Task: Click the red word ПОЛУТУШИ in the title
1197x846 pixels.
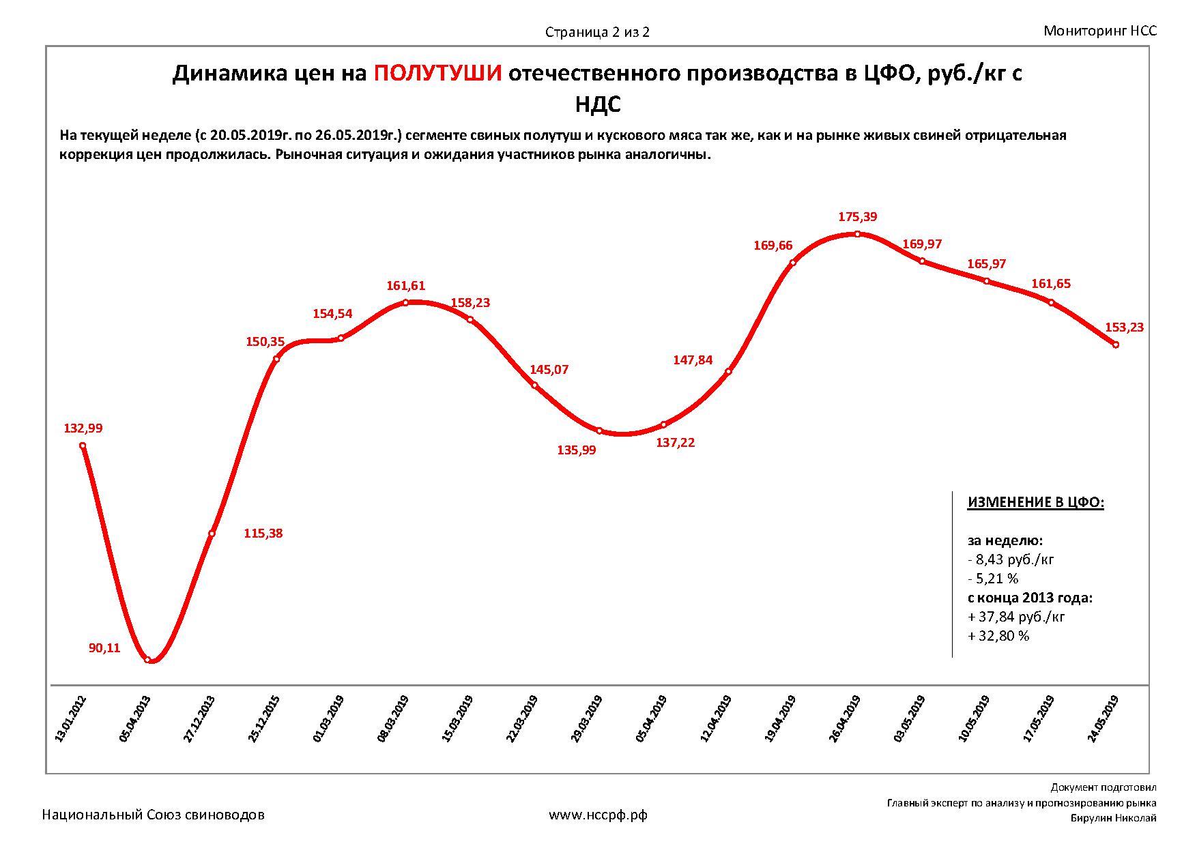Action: click(x=438, y=73)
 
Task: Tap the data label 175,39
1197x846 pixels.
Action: click(x=858, y=217)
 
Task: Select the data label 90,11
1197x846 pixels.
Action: click(x=104, y=648)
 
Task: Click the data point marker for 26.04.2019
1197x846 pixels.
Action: click(x=858, y=234)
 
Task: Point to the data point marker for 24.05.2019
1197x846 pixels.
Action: click(x=1116, y=345)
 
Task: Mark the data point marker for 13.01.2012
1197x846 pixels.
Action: click(x=83, y=446)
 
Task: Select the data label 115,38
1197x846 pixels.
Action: click(x=263, y=534)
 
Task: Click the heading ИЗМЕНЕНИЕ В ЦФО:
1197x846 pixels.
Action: click(x=1035, y=503)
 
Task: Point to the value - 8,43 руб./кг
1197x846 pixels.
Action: click(x=1011, y=560)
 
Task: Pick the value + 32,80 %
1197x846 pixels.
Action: click(x=998, y=636)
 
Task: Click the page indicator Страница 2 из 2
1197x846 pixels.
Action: click(x=597, y=32)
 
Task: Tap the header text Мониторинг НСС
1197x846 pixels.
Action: click(x=1100, y=31)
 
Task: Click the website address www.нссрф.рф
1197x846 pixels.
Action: click(x=598, y=815)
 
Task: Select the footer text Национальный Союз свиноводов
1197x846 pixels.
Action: click(x=154, y=815)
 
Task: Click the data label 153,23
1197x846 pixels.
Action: click(x=1125, y=327)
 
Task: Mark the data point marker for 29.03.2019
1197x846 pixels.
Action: click(x=599, y=431)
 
